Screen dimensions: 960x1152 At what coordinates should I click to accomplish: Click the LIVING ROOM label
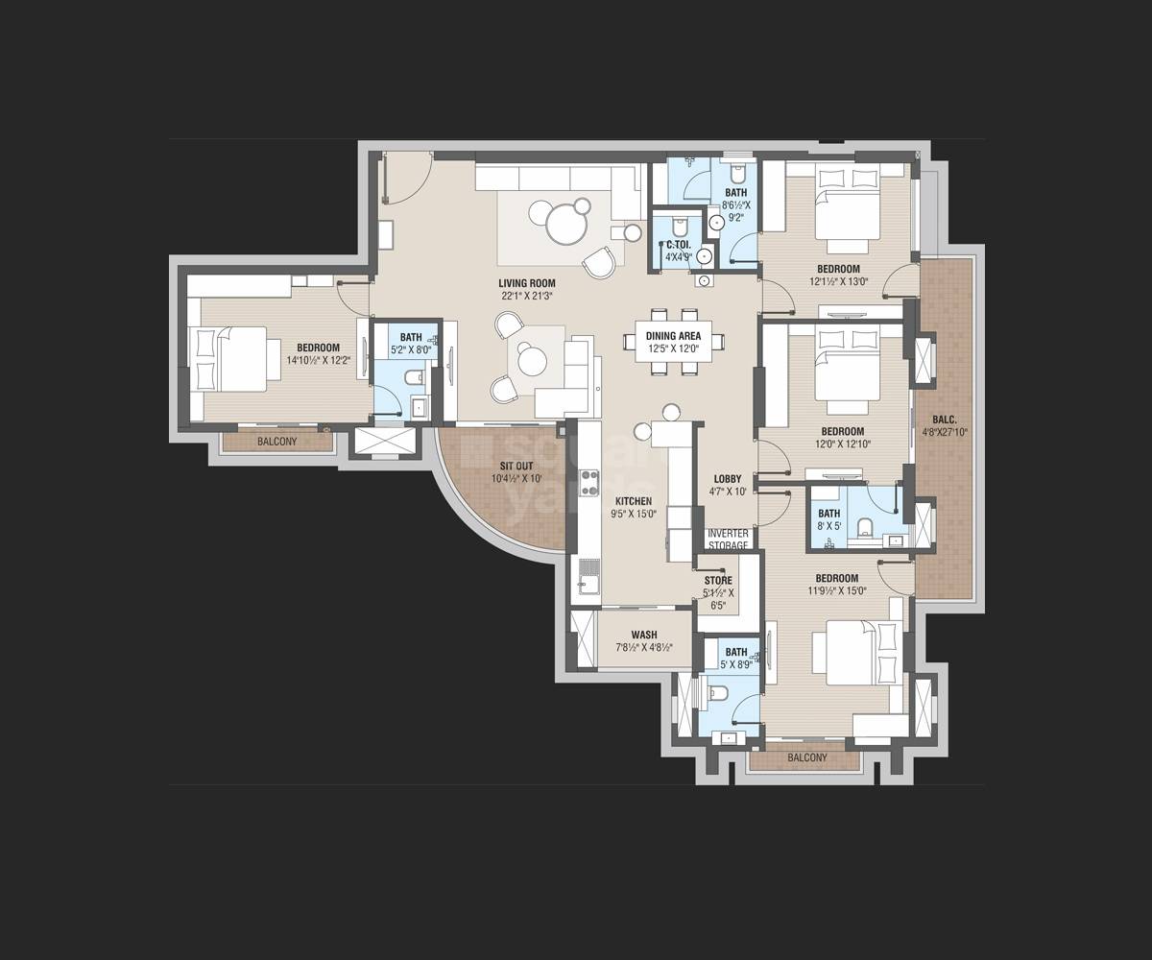click(x=526, y=283)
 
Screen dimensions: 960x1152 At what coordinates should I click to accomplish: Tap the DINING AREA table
click(x=673, y=341)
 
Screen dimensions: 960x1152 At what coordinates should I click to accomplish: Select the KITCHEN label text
click(x=634, y=501)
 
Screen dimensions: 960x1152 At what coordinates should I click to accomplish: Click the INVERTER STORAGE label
click(x=727, y=540)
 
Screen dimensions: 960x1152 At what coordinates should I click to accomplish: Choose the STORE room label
click(x=718, y=581)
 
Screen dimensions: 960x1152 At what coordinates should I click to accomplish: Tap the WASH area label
click(x=643, y=635)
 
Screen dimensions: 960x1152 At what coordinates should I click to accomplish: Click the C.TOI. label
click(x=678, y=245)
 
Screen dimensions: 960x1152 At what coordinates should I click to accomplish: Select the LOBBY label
click(x=727, y=478)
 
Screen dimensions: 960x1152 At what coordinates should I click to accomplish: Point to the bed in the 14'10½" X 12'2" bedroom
click(x=230, y=358)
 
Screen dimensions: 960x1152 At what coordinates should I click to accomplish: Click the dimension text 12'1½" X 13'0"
click(x=838, y=282)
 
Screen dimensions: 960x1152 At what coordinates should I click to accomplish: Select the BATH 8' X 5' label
click(x=828, y=519)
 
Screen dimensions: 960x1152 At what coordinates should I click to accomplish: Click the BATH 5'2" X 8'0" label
click(x=410, y=344)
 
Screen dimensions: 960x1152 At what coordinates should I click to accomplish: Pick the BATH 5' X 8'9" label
click(x=735, y=658)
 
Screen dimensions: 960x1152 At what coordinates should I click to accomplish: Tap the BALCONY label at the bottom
click(x=806, y=757)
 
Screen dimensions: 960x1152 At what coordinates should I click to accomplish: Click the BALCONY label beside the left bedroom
click(x=276, y=442)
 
